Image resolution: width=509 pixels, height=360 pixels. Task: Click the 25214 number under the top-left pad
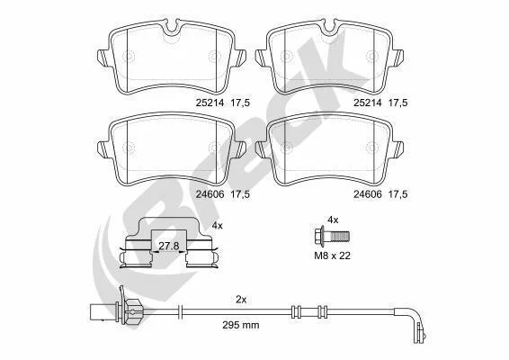point(210,103)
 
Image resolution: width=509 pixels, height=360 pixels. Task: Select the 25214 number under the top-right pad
point(368,103)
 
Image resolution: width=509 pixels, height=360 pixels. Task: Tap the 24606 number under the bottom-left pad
point(210,194)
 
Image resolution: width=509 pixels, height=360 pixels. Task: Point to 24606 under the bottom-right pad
point(368,194)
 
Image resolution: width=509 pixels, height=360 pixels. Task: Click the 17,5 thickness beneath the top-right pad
point(398,103)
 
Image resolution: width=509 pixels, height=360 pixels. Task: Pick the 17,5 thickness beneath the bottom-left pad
point(240,194)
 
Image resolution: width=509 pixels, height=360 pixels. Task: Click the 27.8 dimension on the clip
point(169,246)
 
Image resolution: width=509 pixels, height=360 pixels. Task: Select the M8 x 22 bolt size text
point(333,256)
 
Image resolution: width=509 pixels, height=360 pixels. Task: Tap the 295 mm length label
point(241,325)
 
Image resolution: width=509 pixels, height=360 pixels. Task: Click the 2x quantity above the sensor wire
point(241,300)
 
